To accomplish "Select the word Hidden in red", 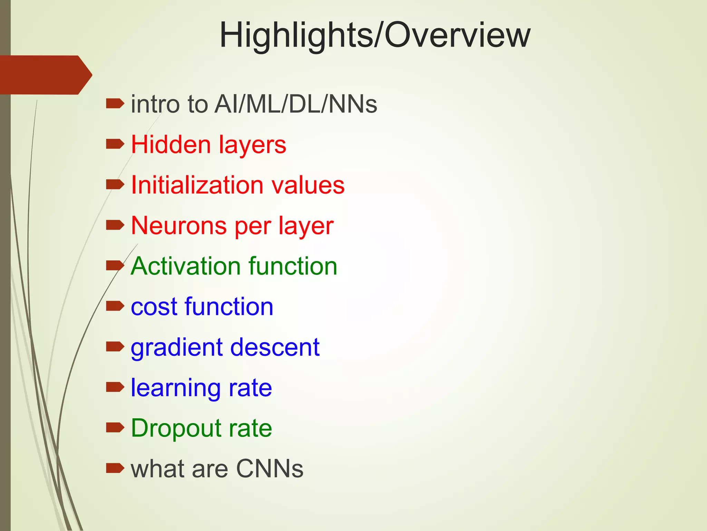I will click(x=171, y=145).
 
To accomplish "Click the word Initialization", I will click(x=197, y=185).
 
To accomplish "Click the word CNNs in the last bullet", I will click(x=270, y=469).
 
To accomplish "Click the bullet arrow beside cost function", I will click(x=115, y=306).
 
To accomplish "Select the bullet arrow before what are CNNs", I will click(x=115, y=468).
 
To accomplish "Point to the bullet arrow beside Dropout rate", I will click(x=115, y=428).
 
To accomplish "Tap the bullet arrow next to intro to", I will click(x=115, y=103).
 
